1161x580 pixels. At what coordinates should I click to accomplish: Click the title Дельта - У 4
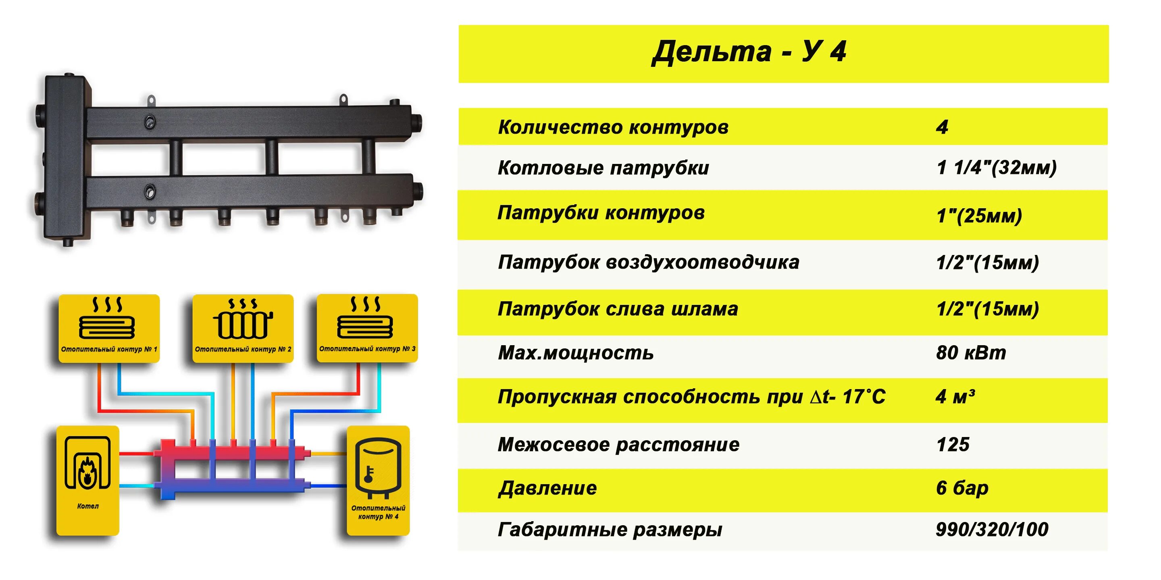click(749, 52)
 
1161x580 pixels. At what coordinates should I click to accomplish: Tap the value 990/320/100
click(992, 530)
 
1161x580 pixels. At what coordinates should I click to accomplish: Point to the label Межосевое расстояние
click(618, 445)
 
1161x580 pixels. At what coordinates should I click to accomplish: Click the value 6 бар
click(962, 488)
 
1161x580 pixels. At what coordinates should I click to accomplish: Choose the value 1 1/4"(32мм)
click(996, 168)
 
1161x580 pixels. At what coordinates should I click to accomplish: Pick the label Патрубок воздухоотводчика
click(648, 262)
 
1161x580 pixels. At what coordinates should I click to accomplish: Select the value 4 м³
click(955, 397)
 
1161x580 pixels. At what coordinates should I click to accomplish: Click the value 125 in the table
click(953, 445)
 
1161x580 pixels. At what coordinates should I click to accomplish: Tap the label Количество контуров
click(613, 127)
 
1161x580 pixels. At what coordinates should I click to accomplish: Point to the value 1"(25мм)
click(979, 216)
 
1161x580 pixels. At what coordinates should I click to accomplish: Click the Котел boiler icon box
click(87, 480)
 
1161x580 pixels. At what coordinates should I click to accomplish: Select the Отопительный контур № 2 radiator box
click(243, 328)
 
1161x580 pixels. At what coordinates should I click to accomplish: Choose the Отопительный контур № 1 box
click(109, 328)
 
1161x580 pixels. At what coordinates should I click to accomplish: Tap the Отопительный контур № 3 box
click(367, 328)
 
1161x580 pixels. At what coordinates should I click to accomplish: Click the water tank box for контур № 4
click(378, 480)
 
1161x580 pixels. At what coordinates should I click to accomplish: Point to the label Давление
click(547, 489)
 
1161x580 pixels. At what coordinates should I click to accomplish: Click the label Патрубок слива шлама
click(618, 309)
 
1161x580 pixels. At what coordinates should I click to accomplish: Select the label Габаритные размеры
click(610, 530)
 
